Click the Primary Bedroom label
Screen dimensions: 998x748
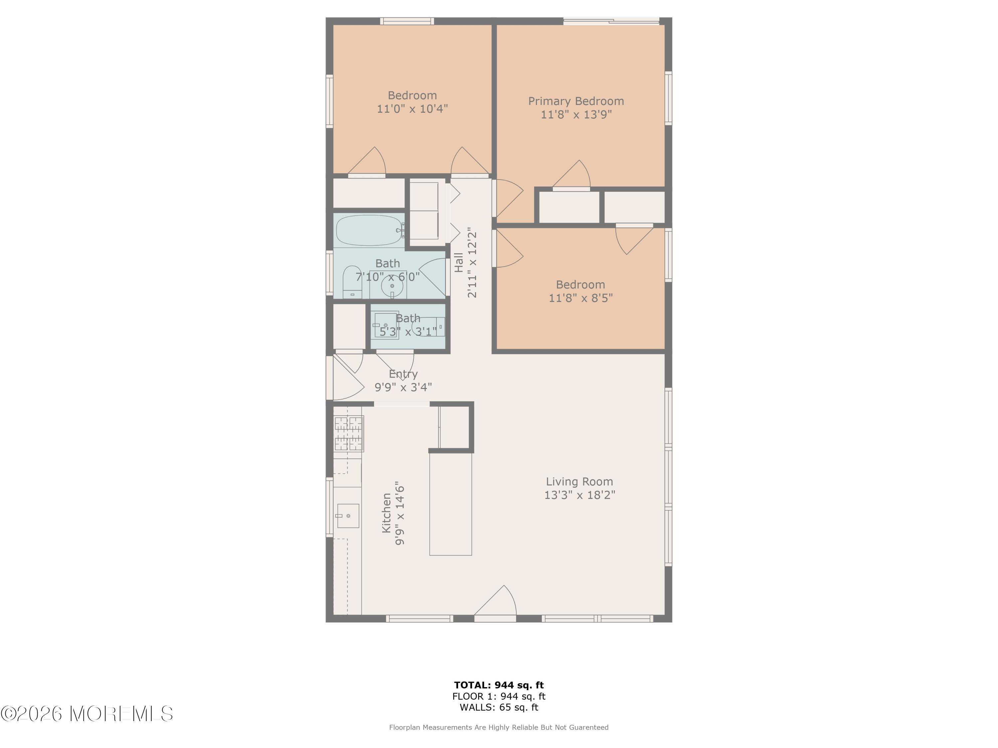(576, 101)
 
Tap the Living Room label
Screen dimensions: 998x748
(579, 481)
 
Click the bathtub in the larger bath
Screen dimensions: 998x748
(369, 230)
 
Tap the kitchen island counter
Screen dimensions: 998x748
(450, 504)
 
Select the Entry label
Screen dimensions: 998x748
(403, 374)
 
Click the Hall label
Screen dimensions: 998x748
(459, 262)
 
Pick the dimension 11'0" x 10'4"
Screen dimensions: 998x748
(413, 109)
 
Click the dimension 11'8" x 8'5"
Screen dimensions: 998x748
(581, 298)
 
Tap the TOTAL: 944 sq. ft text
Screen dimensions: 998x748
(499, 685)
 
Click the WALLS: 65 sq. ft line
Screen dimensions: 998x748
(499, 707)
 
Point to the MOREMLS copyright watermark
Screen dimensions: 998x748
(86, 714)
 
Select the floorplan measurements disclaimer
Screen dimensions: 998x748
(499, 727)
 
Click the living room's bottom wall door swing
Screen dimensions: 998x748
(495, 601)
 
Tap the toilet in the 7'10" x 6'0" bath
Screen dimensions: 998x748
(352, 282)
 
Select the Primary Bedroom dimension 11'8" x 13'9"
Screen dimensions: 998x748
(576, 114)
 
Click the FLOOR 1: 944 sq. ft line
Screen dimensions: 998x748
(499, 696)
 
